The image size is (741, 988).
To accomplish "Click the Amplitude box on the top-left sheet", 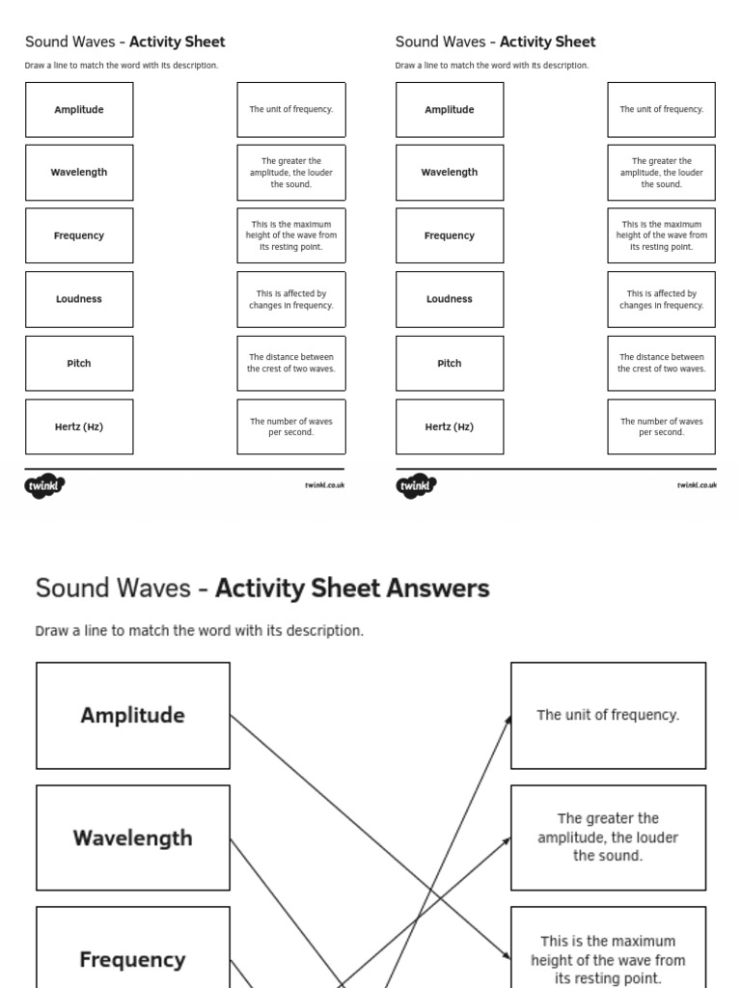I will pos(79,110).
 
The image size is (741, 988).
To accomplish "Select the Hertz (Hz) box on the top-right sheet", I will pos(450,426).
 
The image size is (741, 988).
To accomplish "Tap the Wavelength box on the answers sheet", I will pos(133,837).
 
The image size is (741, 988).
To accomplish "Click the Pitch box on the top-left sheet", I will pos(79,364).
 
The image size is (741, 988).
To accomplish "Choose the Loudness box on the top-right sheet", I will pos(450,299).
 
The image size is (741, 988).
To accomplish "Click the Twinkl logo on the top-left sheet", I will pos(44,485).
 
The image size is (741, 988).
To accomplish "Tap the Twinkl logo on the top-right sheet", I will pos(415,485).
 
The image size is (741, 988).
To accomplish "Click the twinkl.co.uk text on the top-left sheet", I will pos(325,485).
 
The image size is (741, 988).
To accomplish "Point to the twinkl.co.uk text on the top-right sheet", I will pos(697,485).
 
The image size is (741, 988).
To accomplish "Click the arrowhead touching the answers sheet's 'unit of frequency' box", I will pos(508,719).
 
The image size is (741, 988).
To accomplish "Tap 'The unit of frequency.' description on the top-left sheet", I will pos(291,110).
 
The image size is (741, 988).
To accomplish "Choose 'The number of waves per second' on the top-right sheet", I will pos(662,426).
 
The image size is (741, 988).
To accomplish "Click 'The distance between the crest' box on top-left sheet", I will pos(291,364).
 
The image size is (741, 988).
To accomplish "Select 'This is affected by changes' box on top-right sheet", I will pos(662,299).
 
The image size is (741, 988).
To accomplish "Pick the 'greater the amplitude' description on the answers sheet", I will pos(608,837).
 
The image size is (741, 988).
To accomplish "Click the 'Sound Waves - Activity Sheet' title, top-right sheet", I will pos(495,41).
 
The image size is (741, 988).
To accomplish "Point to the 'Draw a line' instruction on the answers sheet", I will pos(200,631).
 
